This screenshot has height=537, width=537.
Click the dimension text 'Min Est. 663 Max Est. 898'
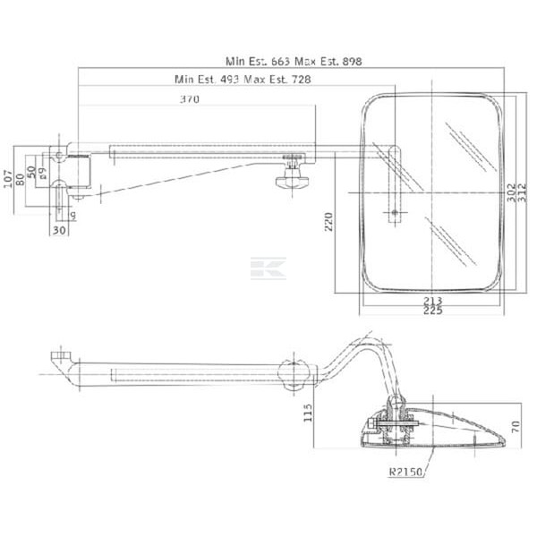[294, 61]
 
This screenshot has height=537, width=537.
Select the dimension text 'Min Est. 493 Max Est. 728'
[243, 80]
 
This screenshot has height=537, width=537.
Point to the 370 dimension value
[190, 99]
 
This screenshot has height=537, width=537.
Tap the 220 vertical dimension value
[328, 222]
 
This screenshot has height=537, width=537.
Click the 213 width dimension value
[433, 301]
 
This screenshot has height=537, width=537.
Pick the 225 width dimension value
[433, 311]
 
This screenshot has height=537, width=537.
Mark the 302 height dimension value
[511, 192]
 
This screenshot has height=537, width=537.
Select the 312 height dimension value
[522, 192]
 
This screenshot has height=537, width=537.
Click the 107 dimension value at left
[8, 179]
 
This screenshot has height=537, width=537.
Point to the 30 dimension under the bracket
[59, 230]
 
